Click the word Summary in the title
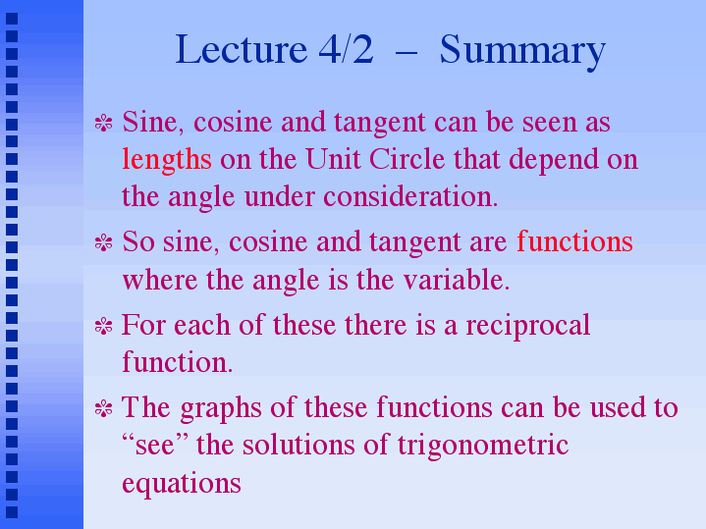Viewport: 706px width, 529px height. [522, 51]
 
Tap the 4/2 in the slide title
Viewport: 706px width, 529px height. [346, 49]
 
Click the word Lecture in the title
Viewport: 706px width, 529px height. [242, 49]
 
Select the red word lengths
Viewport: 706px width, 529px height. [167, 161]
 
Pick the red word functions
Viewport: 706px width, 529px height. [574, 241]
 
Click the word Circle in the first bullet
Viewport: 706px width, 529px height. [407, 159]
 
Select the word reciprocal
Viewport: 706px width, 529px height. [527, 326]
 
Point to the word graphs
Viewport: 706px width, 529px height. [221, 409]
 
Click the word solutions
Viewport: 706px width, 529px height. [299, 445]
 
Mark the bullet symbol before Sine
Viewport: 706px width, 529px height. [103, 123]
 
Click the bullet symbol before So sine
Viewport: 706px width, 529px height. [103, 242]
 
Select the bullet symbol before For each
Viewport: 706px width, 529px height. [103, 326]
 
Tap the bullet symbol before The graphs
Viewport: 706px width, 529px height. [103, 409]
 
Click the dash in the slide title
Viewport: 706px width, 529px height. [407, 54]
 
